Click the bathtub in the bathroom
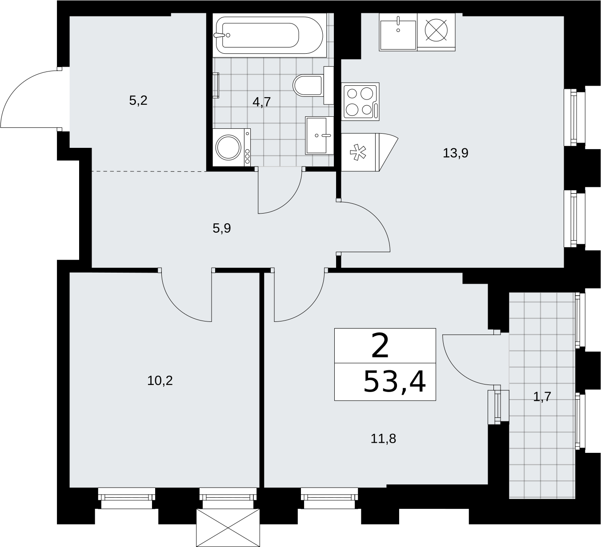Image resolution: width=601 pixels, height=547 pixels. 269,35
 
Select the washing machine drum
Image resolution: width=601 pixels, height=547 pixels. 229,147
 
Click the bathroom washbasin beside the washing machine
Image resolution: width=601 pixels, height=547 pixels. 319,135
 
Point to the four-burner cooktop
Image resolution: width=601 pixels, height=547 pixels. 360,101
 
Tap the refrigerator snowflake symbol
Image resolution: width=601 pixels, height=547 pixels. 358,152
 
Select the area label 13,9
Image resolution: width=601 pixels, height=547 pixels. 455,153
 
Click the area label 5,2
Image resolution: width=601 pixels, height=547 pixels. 138,100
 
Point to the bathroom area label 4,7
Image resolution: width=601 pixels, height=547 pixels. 261,102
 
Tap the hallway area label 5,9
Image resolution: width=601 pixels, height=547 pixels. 222,229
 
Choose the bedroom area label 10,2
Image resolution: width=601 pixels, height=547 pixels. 160,381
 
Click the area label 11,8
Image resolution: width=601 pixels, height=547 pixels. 383,439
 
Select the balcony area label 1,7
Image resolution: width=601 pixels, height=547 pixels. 542,397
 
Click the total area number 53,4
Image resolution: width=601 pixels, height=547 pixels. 394,382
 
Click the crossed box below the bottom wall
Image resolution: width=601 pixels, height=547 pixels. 228,528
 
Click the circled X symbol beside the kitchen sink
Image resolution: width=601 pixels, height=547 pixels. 436,30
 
